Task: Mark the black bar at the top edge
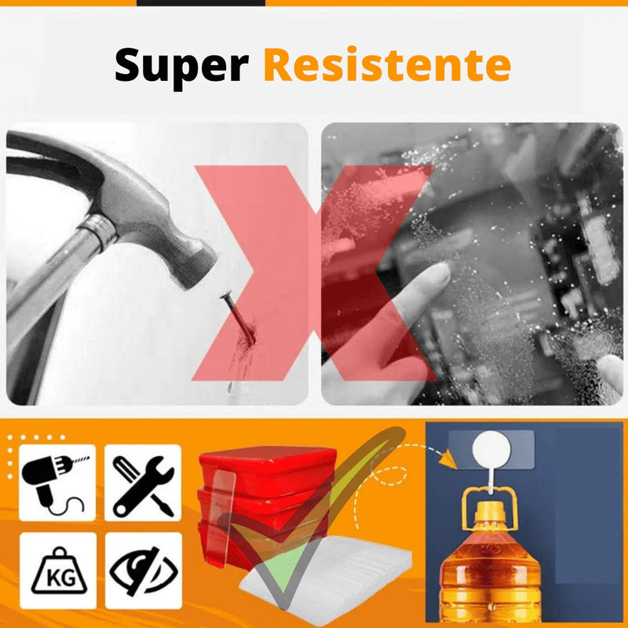tap(201, 2)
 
